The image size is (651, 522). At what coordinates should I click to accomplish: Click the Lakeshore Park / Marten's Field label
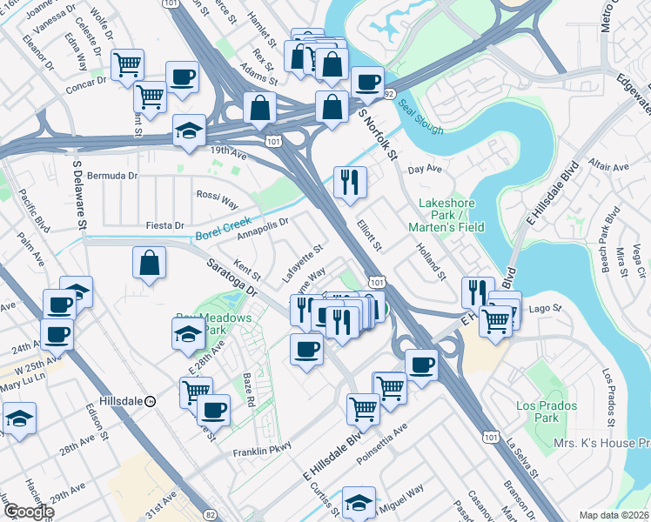point(445,215)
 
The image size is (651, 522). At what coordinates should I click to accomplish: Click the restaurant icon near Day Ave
point(349,182)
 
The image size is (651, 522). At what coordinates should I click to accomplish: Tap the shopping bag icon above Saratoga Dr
point(150,262)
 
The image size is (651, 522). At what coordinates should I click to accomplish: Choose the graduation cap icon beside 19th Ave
point(189,130)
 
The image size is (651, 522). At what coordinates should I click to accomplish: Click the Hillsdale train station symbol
point(151,402)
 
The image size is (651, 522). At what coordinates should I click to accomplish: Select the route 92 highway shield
point(390,92)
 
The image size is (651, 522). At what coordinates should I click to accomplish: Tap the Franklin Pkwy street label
point(259,452)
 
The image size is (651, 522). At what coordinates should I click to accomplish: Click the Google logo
point(29,512)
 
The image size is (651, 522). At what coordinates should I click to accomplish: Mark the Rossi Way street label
point(217,199)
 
